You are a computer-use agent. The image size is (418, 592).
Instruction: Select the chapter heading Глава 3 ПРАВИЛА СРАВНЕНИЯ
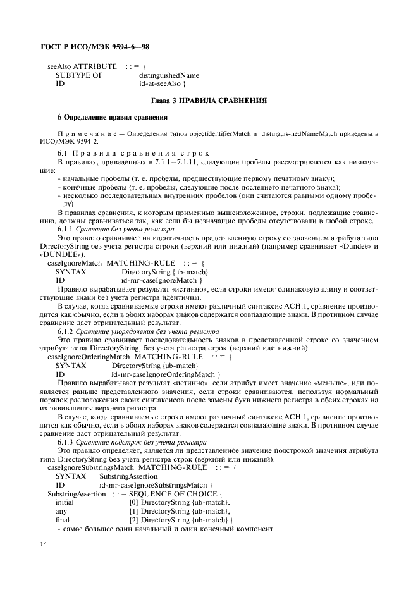click(208, 101)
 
